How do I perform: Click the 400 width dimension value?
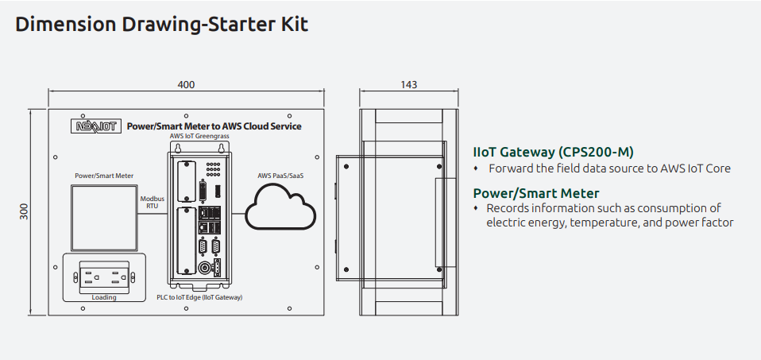(x=186, y=85)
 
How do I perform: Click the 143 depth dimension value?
(x=409, y=85)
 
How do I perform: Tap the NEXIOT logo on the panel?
(x=97, y=126)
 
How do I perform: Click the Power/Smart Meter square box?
(x=104, y=214)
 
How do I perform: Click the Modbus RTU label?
(x=153, y=201)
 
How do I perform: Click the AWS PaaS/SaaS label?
(x=280, y=176)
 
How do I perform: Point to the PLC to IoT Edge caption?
(x=199, y=297)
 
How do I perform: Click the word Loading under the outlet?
(x=104, y=297)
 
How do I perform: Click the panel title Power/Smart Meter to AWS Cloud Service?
(x=214, y=126)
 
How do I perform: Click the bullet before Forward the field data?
(x=477, y=168)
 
